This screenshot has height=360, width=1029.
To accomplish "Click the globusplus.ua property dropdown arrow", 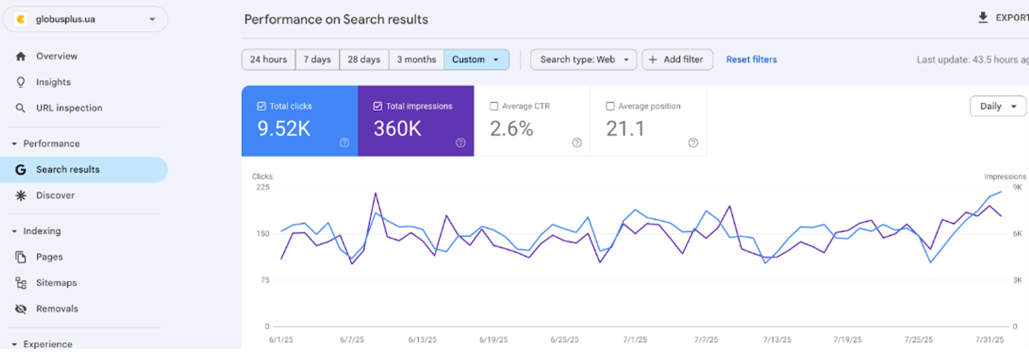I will pyautogui.click(x=152, y=19).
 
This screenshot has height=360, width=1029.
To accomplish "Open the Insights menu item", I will pyautogui.click(x=53, y=82).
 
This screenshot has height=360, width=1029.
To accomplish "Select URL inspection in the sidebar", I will pyautogui.click(x=69, y=108).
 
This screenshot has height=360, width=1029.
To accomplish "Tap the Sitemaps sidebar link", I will pyautogui.click(x=56, y=282).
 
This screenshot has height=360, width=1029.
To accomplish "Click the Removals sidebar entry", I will pyautogui.click(x=57, y=309).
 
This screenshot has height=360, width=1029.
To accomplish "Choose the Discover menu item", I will pyautogui.click(x=55, y=195).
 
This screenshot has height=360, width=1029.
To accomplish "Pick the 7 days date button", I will pyautogui.click(x=317, y=59).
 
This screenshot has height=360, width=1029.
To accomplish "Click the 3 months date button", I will pyautogui.click(x=416, y=59).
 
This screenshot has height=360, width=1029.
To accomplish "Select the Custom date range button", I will pyautogui.click(x=476, y=59).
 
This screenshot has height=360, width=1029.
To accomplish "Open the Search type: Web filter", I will pyautogui.click(x=583, y=59).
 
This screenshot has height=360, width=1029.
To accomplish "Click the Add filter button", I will pyautogui.click(x=677, y=59).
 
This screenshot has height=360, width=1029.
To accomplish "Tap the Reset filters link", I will pyautogui.click(x=751, y=59).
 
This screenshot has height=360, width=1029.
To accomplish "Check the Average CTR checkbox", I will pyautogui.click(x=494, y=106).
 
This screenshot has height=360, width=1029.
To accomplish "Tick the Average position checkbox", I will pyautogui.click(x=610, y=106).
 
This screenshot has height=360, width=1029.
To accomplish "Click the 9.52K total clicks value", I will pyautogui.click(x=284, y=129).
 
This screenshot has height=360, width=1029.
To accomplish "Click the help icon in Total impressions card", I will pyautogui.click(x=460, y=143).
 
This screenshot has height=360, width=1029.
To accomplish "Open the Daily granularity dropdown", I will pyautogui.click(x=997, y=106).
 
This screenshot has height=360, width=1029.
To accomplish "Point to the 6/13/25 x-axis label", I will pyautogui.click(x=422, y=340).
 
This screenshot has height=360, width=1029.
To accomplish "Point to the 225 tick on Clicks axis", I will pyautogui.click(x=263, y=187).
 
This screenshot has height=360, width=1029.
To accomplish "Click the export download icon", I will pyautogui.click(x=982, y=18).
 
